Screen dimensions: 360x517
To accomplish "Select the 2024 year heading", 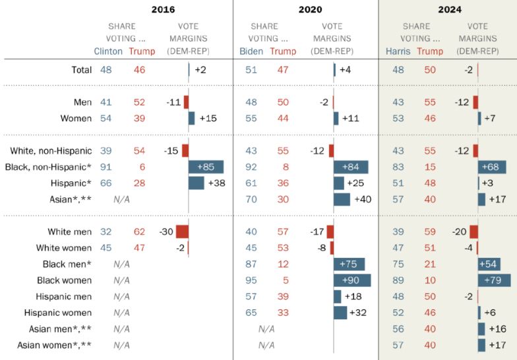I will coord(450,9).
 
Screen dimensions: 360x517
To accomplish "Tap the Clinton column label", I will coord(108,51).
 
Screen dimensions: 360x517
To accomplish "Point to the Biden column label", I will coord(251,51).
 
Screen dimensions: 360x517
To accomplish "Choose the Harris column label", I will coord(398,51).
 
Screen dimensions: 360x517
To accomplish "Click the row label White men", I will coord(69,231).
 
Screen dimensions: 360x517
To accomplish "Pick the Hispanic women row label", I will coord(58,313).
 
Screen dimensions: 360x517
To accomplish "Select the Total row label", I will coord(81,69).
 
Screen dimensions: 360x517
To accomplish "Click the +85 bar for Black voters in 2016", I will coord(206,167).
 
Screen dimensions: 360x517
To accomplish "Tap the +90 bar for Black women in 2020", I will coord(352,280).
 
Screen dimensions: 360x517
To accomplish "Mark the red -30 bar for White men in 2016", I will coord(182,231).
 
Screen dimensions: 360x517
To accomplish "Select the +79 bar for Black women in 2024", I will coord(494,280).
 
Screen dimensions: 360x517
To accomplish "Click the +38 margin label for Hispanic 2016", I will coord(216,183).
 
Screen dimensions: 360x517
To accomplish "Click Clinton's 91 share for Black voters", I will coord(106,167).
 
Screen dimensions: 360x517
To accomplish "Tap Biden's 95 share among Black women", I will coord(251,280).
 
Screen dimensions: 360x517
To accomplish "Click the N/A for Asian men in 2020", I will coord(266,328).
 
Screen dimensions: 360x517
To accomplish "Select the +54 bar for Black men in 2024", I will coord(489,264).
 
